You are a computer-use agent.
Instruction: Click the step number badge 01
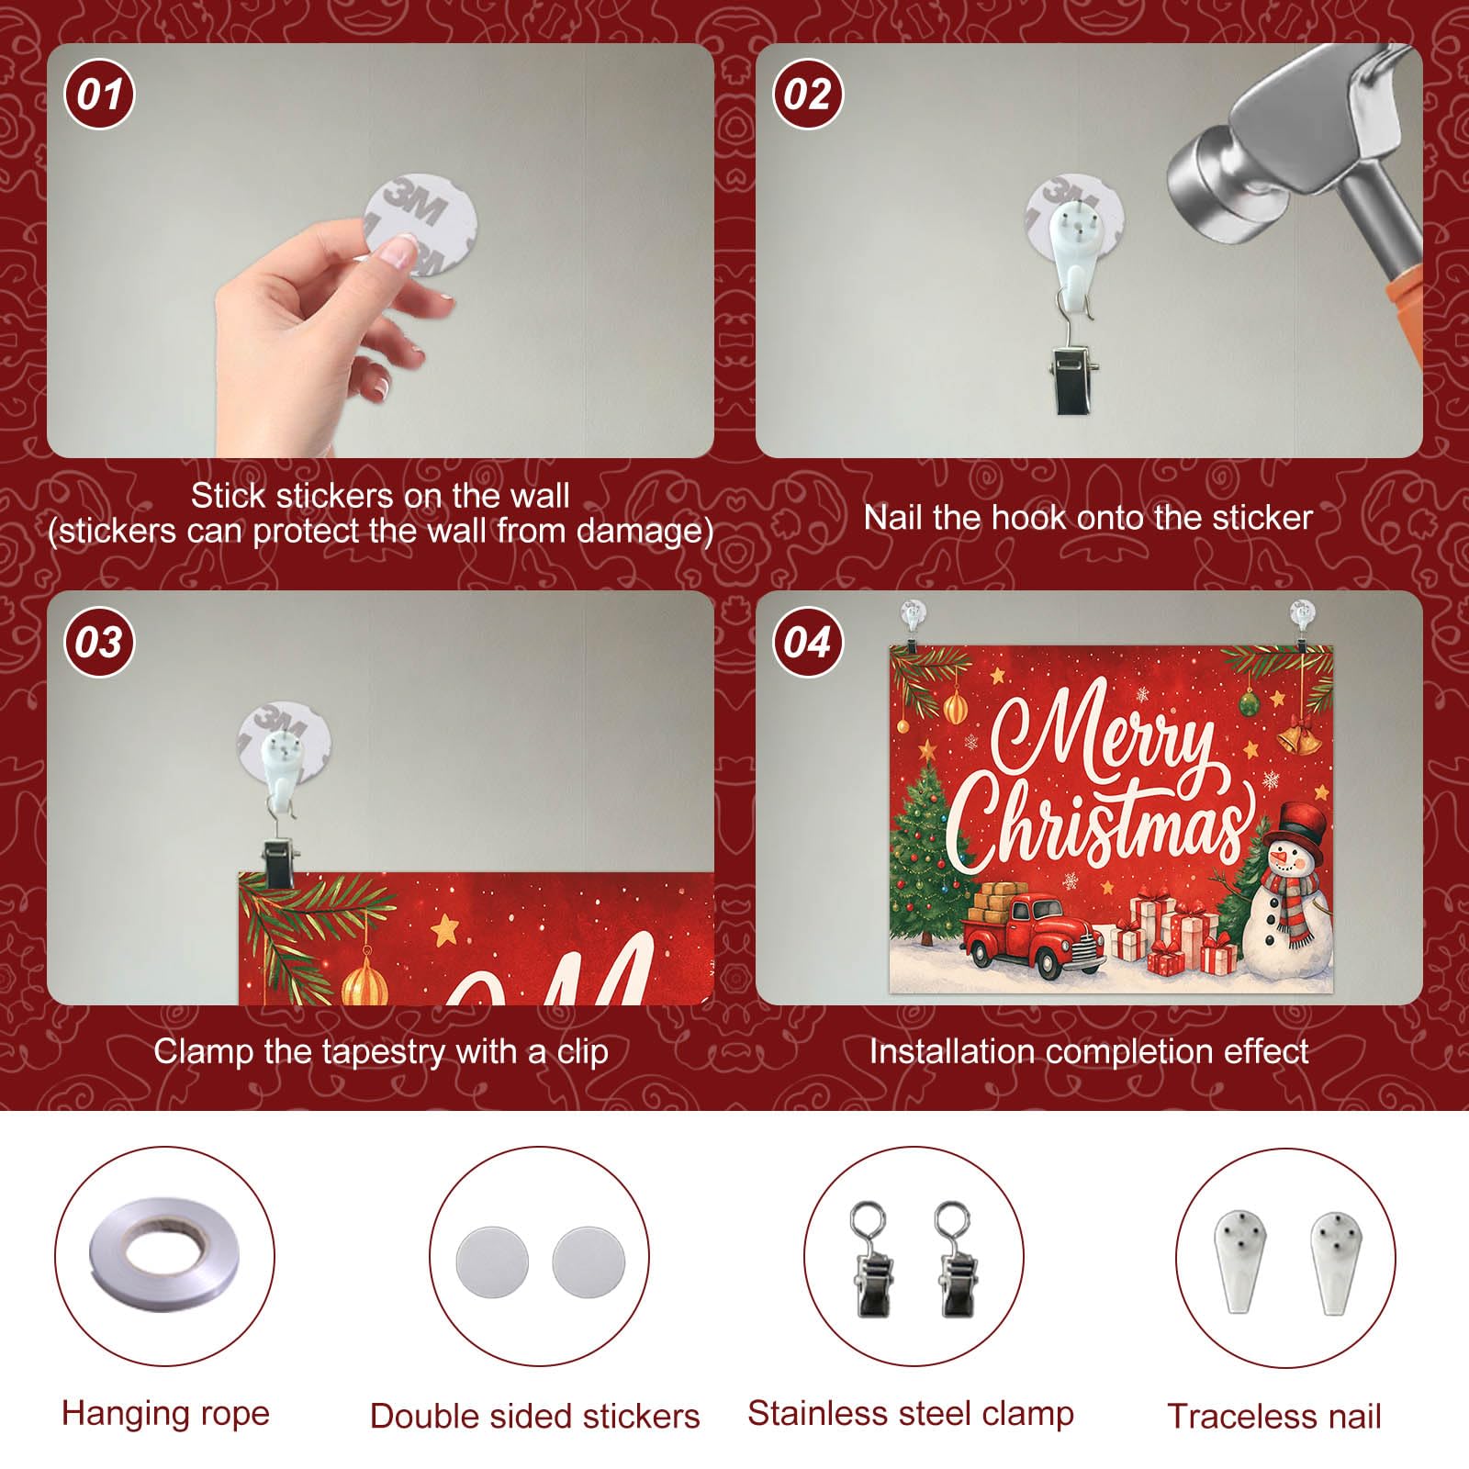point(99,94)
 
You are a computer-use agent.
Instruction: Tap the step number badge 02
point(807,94)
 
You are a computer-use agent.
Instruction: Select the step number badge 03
point(99,642)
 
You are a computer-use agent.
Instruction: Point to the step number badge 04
point(807,642)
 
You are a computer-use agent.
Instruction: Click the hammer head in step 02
point(1285,138)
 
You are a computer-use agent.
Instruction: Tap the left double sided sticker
point(492,1263)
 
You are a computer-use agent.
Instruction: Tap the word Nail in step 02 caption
point(893,518)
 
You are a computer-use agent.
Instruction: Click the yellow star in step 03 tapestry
point(445,928)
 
